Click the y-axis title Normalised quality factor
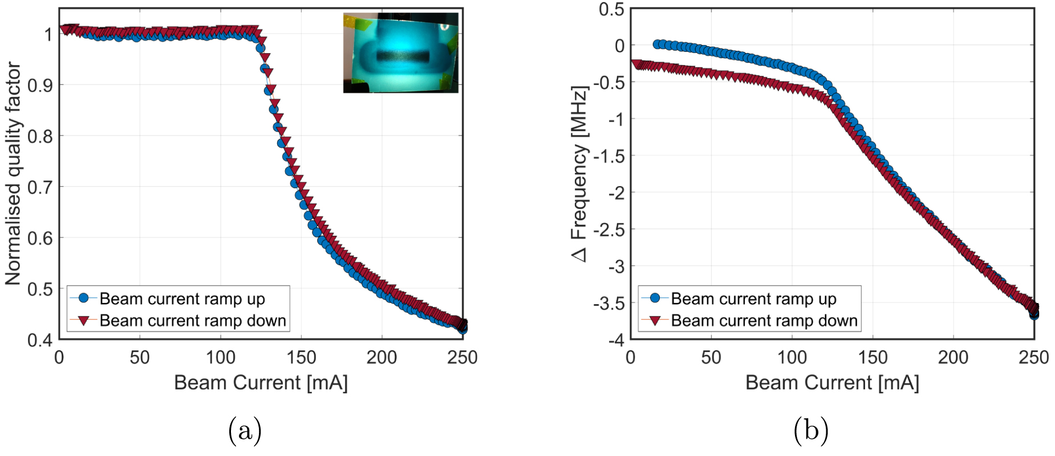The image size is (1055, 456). (13, 174)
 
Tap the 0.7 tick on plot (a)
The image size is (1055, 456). (40, 187)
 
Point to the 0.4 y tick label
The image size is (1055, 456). (40, 340)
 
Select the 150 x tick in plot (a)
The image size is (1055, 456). (301, 358)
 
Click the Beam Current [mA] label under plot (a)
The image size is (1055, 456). (261, 382)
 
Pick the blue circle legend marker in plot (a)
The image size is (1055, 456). (84, 298)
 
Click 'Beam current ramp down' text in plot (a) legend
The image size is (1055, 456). (193, 321)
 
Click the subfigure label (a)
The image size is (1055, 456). (245, 430)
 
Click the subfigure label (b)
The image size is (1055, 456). (810, 430)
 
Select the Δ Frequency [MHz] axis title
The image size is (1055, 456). (579, 174)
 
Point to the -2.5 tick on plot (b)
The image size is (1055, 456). (609, 230)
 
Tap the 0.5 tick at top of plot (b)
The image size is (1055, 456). (612, 10)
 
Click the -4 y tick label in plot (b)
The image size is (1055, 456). (616, 340)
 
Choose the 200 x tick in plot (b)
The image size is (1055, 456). (953, 358)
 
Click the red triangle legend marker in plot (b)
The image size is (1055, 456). (655, 320)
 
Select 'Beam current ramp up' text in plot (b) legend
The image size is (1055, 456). (753, 298)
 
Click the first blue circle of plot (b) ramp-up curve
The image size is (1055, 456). (657, 44)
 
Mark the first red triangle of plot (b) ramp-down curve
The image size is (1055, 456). (636, 64)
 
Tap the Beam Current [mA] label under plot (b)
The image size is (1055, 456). (832, 382)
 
